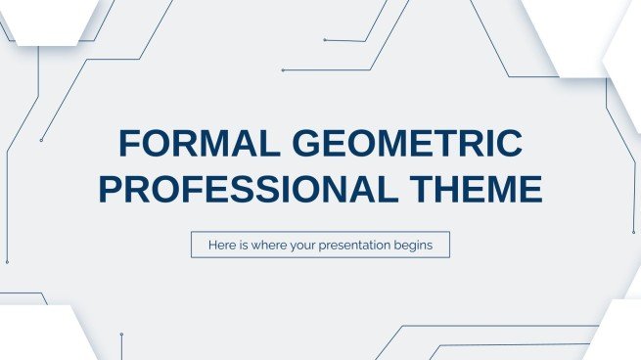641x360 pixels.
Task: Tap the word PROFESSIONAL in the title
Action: point(226,188)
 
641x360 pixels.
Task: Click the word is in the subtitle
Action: point(243,245)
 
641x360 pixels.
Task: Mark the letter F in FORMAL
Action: point(127,145)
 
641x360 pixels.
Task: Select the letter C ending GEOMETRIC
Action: point(508,145)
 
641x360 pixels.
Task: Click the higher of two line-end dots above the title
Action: point(324,40)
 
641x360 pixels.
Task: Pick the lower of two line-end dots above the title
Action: point(283,70)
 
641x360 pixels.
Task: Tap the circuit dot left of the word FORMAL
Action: point(41,140)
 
